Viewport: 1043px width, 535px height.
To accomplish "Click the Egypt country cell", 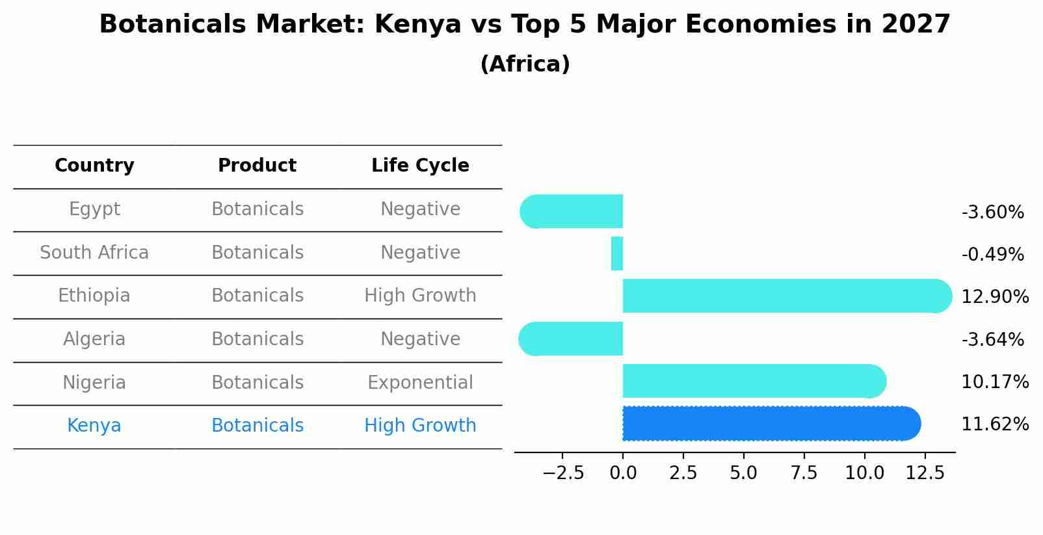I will (x=94, y=209).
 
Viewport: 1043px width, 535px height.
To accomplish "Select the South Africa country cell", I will (x=94, y=253).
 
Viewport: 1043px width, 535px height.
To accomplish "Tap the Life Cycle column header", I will (x=420, y=166).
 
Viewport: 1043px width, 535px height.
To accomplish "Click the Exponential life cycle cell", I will (x=420, y=383).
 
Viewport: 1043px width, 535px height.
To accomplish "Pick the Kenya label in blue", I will (x=94, y=426).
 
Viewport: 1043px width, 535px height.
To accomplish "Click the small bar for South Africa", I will (x=617, y=254).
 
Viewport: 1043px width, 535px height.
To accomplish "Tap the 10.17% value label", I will (x=994, y=382).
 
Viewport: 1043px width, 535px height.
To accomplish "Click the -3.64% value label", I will (x=992, y=340).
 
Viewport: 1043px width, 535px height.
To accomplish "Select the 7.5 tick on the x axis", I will (x=804, y=473).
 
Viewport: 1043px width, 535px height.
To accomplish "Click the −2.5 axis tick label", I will (x=563, y=473).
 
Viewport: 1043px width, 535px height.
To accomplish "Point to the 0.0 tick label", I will (x=623, y=473).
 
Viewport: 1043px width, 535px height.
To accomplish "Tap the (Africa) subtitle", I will (x=525, y=64).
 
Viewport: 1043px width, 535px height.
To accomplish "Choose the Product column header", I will (x=257, y=166).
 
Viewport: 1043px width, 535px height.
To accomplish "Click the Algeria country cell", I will (x=94, y=339).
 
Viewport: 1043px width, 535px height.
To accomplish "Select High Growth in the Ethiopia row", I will (x=420, y=296).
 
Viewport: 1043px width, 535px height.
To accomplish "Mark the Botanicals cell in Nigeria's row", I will (x=257, y=383).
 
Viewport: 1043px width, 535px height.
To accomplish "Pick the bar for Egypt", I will (x=572, y=211).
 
